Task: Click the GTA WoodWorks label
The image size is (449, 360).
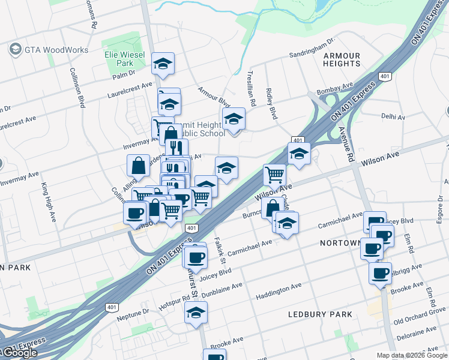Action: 56,50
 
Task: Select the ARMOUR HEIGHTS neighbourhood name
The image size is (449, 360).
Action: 342,59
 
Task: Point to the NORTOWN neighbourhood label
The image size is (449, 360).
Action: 340,242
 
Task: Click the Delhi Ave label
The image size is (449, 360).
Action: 393,114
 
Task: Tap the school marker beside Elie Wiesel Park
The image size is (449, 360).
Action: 162,64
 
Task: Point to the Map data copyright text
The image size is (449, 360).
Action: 412,355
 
